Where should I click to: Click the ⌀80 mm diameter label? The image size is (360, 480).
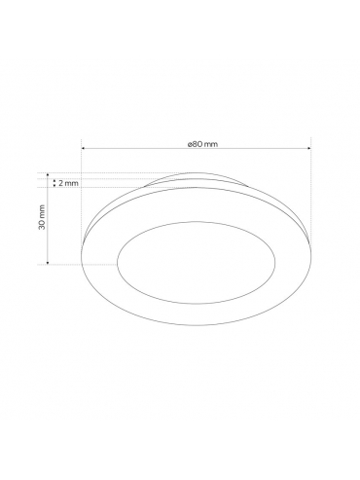click(x=202, y=144)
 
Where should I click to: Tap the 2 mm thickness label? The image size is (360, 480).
click(x=68, y=183)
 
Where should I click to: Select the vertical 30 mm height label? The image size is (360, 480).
click(x=42, y=217)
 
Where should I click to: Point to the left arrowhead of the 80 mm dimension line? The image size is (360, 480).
click(x=83, y=148)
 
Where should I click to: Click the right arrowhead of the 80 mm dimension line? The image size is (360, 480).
click(x=309, y=148)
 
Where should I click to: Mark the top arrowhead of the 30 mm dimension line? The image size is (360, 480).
click(x=48, y=175)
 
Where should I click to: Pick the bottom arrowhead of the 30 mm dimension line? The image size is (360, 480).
click(x=48, y=263)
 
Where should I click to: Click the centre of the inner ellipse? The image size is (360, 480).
click(x=196, y=263)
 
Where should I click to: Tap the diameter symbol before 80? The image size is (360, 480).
click(x=190, y=144)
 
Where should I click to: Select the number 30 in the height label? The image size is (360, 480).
click(x=42, y=224)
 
